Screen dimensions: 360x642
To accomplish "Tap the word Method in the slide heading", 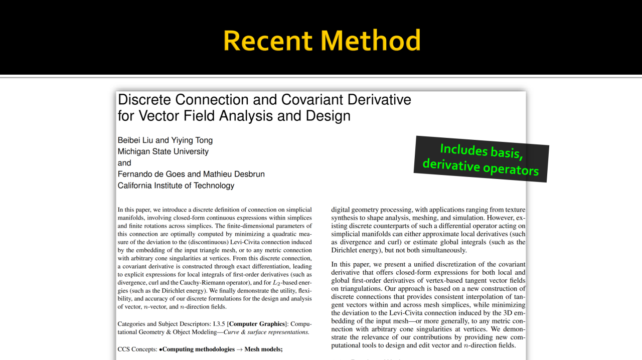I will tap(372, 41).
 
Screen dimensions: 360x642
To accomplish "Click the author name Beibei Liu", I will tap(135, 140).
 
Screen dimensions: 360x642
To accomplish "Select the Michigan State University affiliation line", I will tap(163, 151).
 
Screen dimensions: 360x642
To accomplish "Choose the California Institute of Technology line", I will tap(176, 186).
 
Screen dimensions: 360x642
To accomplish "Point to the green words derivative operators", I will tap(480, 166).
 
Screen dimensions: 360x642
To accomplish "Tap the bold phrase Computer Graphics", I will tap(257, 324).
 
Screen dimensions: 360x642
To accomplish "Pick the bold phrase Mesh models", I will tap(263, 349).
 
